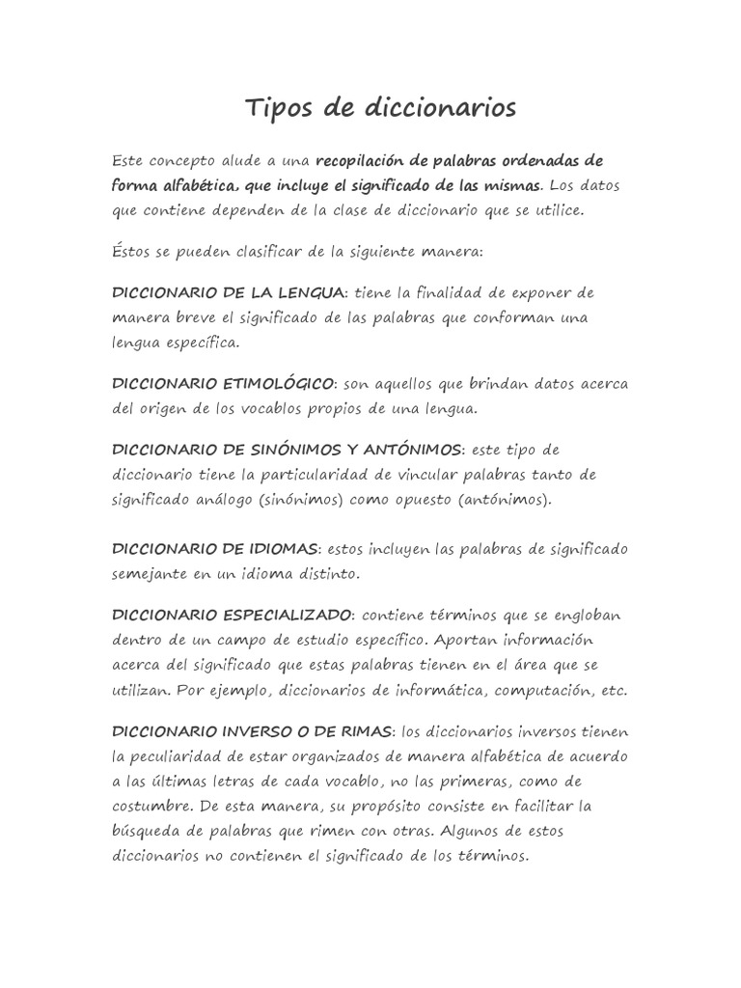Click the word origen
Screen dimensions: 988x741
tap(168, 409)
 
